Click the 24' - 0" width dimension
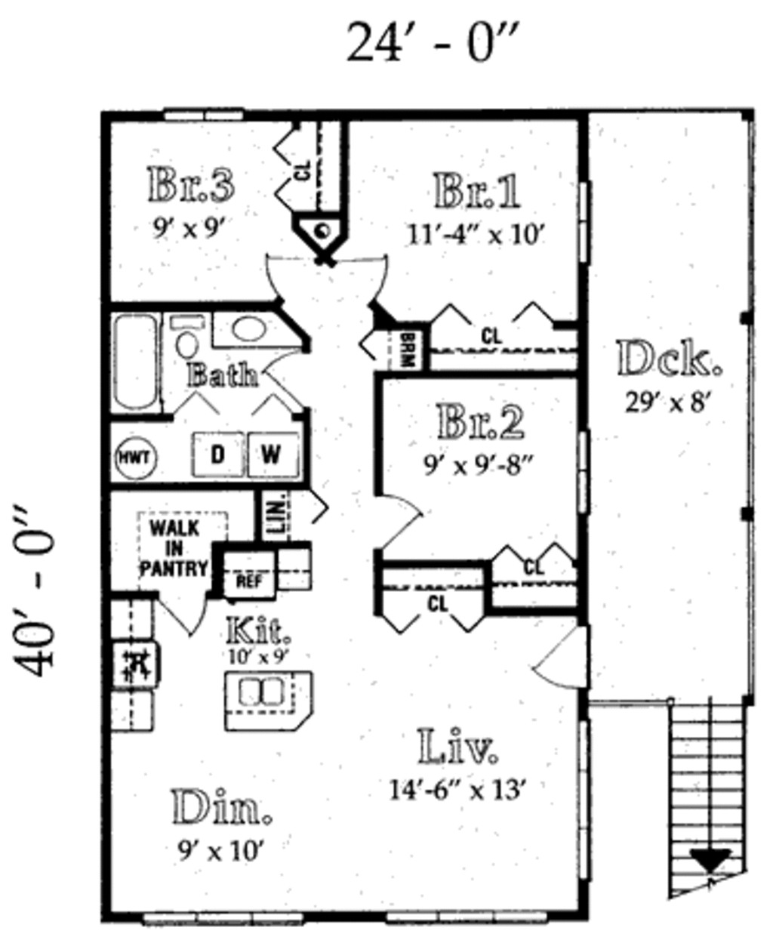(x=435, y=43)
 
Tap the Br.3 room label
(x=191, y=185)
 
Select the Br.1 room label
(x=477, y=191)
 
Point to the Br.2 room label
(x=481, y=422)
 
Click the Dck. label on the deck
(x=669, y=359)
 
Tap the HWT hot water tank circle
(x=136, y=458)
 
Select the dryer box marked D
(x=217, y=455)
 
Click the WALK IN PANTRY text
(x=174, y=548)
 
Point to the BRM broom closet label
(x=408, y=350)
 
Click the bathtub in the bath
(x=136, y=362)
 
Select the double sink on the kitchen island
(x=259, y=692)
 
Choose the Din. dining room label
(x=221, y=808)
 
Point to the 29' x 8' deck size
(x=669, y=402)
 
